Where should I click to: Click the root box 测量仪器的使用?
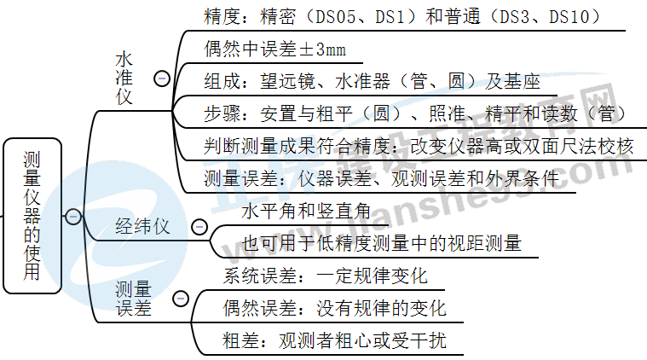pos(32,217)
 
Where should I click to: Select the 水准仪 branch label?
pos(124,78)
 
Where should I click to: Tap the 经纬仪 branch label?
pos(143,227)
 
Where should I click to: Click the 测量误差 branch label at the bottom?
pos(134,299)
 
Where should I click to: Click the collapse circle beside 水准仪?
pos(160,78)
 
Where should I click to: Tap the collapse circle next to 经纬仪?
pos(199,227)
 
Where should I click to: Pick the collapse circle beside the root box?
pos(73,217)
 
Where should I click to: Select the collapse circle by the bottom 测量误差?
pos(181,299)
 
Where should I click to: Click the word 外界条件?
pos(524,178)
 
